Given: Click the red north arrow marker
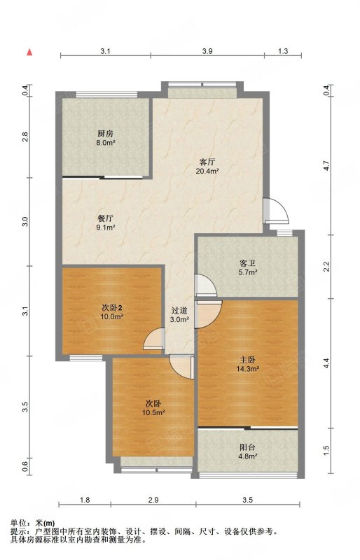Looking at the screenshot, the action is pyautogui.click(x=30, y=52).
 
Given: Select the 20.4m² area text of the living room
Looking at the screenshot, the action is pyautogui.click(x=207, y=171).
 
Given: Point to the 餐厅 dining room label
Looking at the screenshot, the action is pyautogui.click(x=106, y=218).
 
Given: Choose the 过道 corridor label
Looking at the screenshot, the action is pyautogui.click(x=179, y=311).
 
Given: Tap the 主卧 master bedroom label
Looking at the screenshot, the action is pyautogui.click(x=247, y=360).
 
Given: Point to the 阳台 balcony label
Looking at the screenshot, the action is pyautogui.click(x=248, y=447).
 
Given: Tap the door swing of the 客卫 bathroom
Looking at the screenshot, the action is pyautogui.click(x=205, y=285).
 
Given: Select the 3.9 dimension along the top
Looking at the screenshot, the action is pyautogui.click(x=207, y=51).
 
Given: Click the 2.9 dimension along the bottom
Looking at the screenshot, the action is pyautogui.click(x=153, y=500).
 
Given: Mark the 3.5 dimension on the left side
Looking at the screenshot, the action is pyautogui.click(x=25, y=407).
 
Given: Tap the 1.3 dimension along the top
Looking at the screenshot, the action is pyautogui.click(x=283, y=51).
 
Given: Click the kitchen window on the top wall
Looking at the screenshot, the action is pyautogui.click(x=107, y=94).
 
